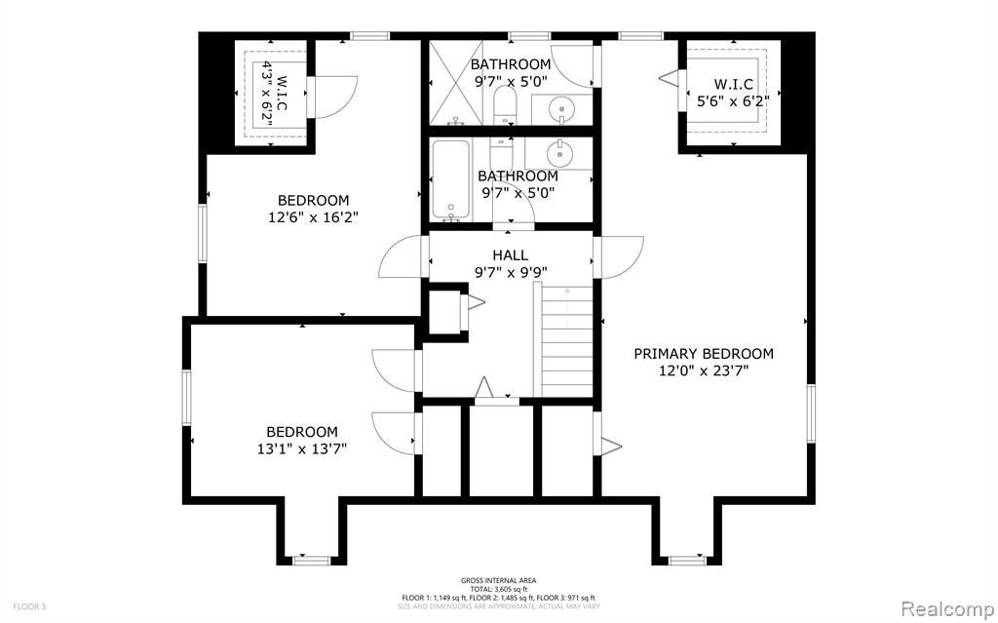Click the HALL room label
pos(510,255)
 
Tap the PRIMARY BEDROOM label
pos(704,354)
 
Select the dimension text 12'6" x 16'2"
pos(313,217)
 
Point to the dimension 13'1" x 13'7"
pos(302,449)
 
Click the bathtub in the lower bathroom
pos(450,179)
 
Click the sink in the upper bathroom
pos(561,109)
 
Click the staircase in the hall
pos(566,341)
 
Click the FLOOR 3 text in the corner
pos(29,606)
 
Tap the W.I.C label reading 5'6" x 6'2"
pos(733,93)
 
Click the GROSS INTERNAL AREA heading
pos(498,580)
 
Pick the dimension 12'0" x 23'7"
pos(704,370)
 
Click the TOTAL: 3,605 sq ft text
pos(498,589)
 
